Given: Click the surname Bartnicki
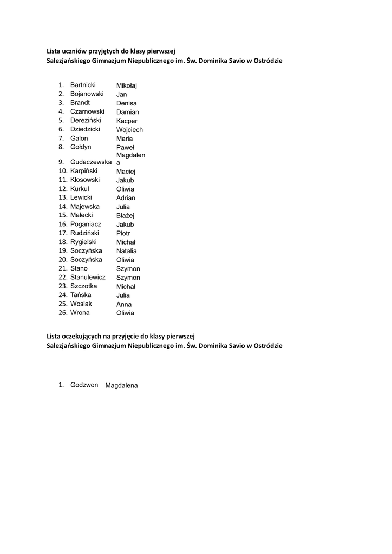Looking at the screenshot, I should click(83, 85).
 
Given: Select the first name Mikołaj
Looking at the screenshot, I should click(127, 85).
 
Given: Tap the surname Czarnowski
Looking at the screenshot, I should click(87, 111).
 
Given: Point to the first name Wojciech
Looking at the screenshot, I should click(129, 130).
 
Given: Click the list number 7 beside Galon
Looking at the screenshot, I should click(61, 138).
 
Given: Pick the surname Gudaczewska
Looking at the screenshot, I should click(91, 162).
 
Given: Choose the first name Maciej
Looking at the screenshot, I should click(126, 172).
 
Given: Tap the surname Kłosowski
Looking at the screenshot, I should click(85, 180).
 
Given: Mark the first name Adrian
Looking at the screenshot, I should click(126, 198).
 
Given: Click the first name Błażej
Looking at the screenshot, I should click(125, 216).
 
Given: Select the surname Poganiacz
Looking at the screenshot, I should click(86, 224).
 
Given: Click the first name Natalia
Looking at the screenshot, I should click(126, 251).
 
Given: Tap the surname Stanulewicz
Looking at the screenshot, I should click(88, 277).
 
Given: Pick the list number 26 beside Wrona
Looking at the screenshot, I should click(63, 313).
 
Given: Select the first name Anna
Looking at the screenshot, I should click(124, 304).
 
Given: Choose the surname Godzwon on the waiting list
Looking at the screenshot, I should click(84, 385).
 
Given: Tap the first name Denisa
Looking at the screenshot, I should click(126, 103).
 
